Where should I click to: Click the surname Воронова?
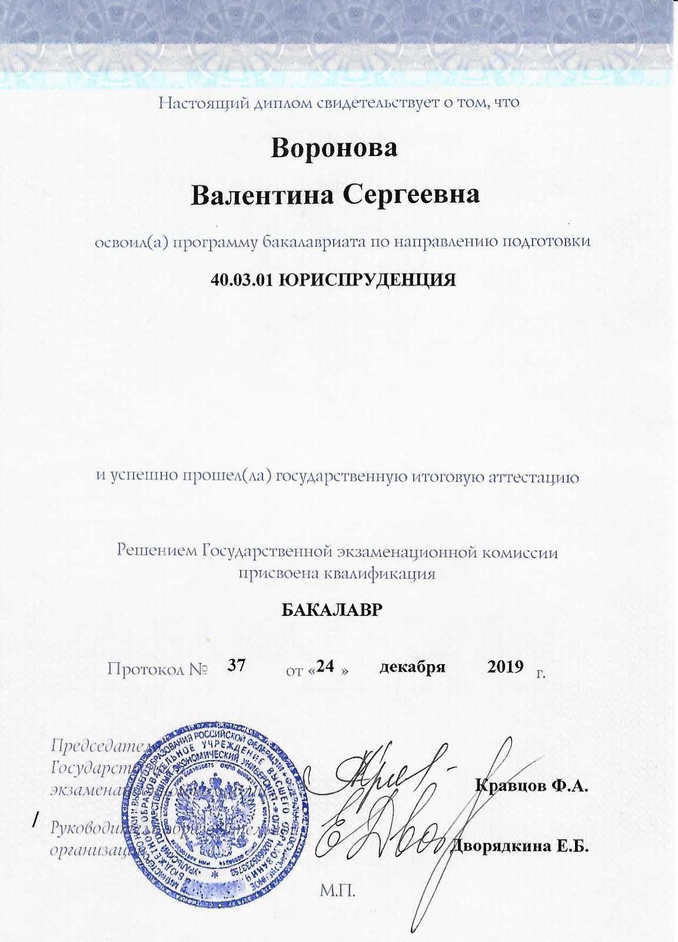click(x=334, y=148)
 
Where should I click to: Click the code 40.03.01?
click(x=240, y=278)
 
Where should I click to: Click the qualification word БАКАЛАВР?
click(x=334, y=610)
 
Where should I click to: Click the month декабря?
click(x=412, y=667)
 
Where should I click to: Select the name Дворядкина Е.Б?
click(x=520, y=847)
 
